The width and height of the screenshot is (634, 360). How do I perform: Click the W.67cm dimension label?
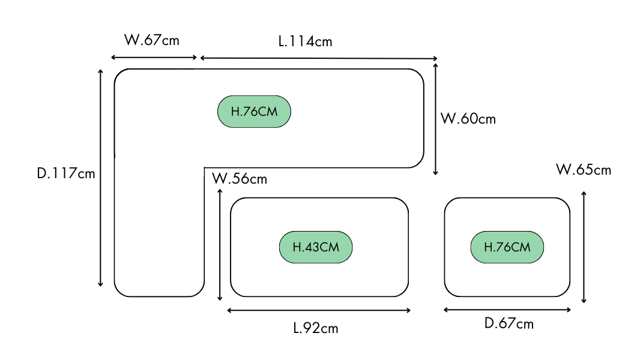pyautogui.click(x=151, y=40)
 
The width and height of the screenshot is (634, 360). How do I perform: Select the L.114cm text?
pyautogui.click(x=305, y=41)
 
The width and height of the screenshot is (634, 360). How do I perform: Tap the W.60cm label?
pyautogui.click(x=468, y=118)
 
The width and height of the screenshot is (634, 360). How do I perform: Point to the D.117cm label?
pyautogui.click(x=66, y=173)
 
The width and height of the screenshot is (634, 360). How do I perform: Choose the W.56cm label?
pyautogui.click(x=240, y=178)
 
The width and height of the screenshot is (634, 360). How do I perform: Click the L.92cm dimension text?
pyautogui.click(x=316, y=328)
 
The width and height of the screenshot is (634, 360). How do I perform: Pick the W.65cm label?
pyautogui.click(x=584, y=170)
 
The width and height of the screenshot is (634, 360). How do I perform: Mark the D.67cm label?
pyautogui.click(x=509, y=324)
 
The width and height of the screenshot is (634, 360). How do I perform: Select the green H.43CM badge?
pyautogui.click(x=316, y=247)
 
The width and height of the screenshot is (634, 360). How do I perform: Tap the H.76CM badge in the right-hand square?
pyautogui.click(x=507, y=247)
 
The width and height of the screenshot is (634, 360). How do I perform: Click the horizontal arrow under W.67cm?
pyautogui.click(x=154, y=58)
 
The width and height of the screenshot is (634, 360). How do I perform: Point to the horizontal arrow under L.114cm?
pyautogui.click(x=319, y=58)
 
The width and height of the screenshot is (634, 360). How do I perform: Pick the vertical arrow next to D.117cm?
pyautogui.click(x=101, y=178)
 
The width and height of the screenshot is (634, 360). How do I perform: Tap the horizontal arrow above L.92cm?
pyautogui.click(x=319, y=310)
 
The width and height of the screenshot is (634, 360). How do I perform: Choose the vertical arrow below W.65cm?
pyautogui.click(x=584, y=247)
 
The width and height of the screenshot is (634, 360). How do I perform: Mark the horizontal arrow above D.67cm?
pyautogui.click(x=507, y=310)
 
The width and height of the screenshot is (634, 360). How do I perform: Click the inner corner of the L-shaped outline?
pyautogui.click(x=205, y=167)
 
